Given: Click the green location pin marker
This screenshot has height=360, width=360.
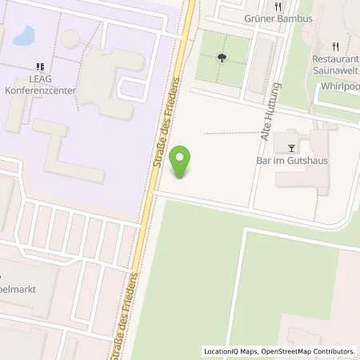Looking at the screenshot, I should click(183, 162).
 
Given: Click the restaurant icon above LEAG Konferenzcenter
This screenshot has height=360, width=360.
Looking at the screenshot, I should click(39, 68).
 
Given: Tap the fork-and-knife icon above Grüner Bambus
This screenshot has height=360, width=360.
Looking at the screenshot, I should click(277, 6).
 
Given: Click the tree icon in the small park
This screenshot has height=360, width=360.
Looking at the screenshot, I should click(222, 56).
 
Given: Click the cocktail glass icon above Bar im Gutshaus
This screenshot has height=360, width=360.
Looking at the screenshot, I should click(290, 147).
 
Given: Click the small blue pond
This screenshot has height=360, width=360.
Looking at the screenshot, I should click(22, 35).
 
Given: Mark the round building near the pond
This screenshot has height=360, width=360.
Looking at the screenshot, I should click(71, 38).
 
